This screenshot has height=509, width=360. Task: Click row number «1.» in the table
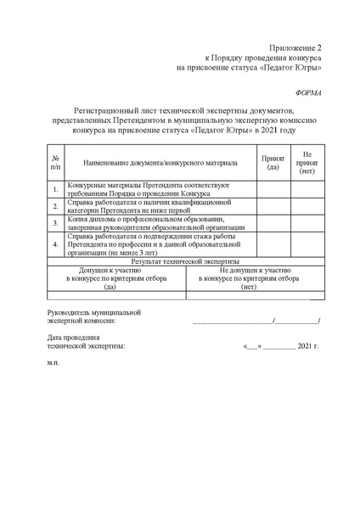click(55, 188)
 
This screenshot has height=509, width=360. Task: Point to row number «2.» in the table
click(55, 205)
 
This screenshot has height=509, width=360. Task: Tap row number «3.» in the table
click(55, 223)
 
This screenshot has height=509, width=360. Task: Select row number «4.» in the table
click(55, 244)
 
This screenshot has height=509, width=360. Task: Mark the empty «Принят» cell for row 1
click(273, 188)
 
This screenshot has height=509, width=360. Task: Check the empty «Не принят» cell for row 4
click(307, 244)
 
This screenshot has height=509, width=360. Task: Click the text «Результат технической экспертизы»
click(186, 263)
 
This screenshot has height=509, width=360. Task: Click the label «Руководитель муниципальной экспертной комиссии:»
click(93, 317)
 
